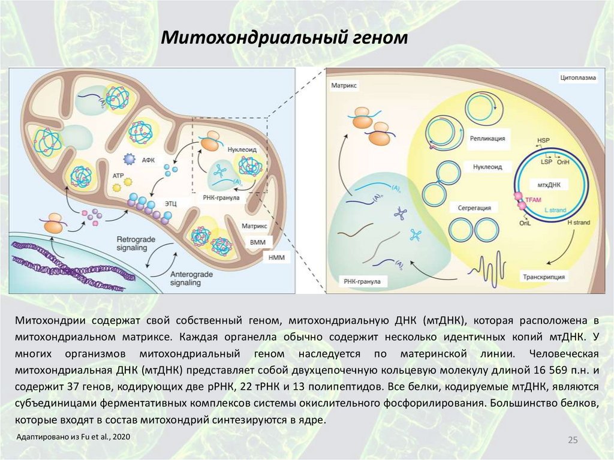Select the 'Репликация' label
pyautogui.click(x=487, y=139)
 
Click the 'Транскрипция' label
pyautogui.click(x=544, y=278)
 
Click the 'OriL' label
pyautogui.click(x=526, y=223)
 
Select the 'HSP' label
pyautogui.click(x=543, y=140)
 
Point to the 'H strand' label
pyautogui.click(x=579, y=223)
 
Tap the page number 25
pyautogui.click(x=572, y=441)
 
